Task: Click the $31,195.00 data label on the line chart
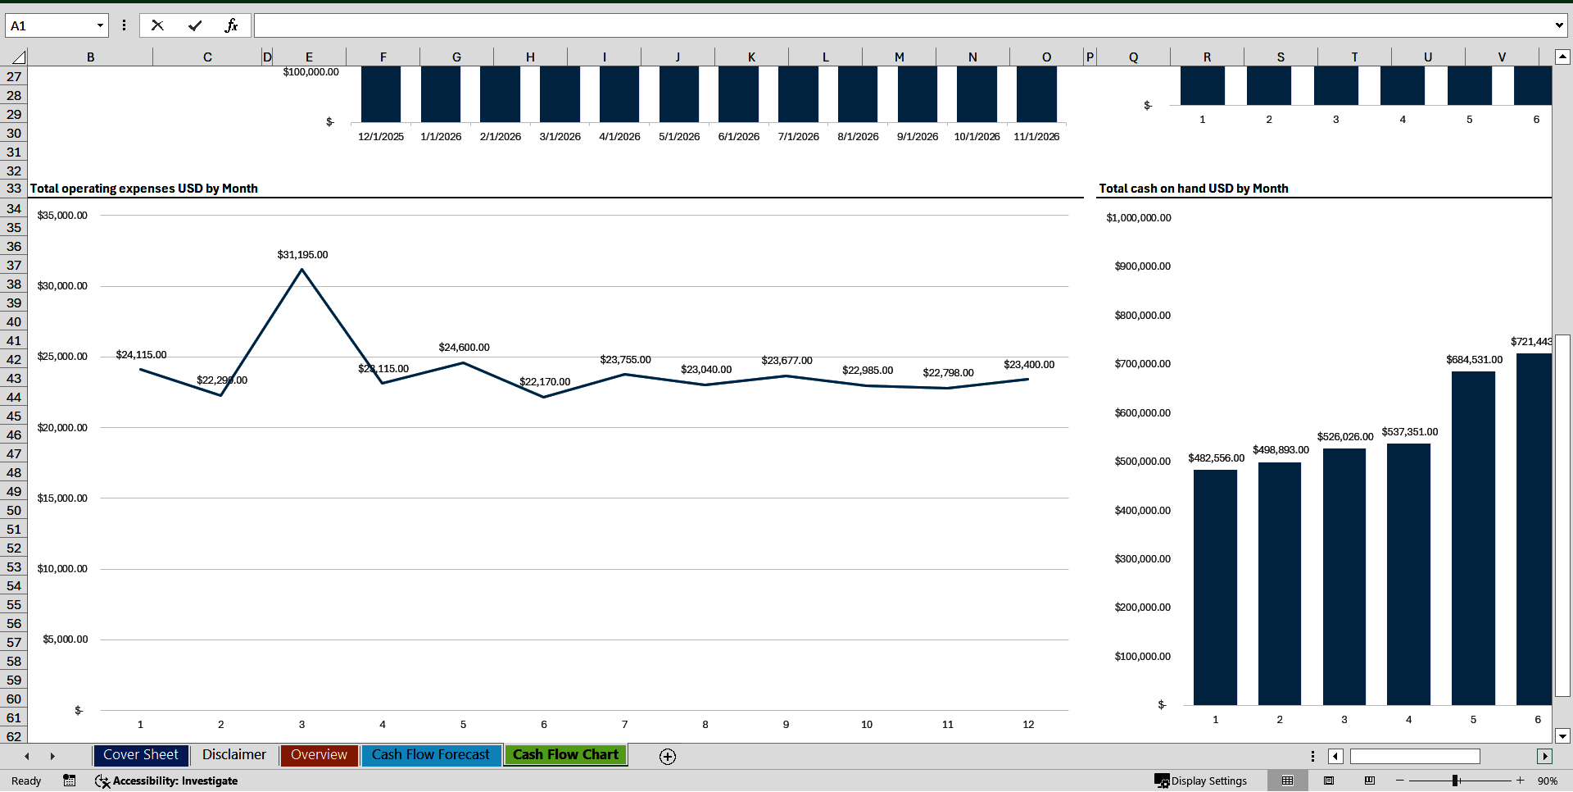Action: tap(302, 255)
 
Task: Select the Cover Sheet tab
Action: tap(141, 755)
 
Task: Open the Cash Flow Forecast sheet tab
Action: tap(430, 755)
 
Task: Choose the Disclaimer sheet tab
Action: tap(234, 755)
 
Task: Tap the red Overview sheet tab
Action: tap(319, 755)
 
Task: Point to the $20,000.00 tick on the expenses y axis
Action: tap(62, 428)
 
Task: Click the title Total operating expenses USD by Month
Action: tap(144, 189)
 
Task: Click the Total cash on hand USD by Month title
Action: tap(1194, 189)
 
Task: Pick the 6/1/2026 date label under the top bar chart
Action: tap(739, 137)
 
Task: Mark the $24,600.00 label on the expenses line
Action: tap(464, 348)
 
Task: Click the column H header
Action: tap(530, 57)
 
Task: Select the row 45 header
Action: tap(14, 416)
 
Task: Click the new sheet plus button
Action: tap(668, 757)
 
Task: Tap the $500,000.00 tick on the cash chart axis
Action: tap(1142, 462)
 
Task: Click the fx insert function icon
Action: tap(231, 25)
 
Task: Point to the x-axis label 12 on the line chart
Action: tap(1028, 725)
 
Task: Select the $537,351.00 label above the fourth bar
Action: tap(1409, 432)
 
